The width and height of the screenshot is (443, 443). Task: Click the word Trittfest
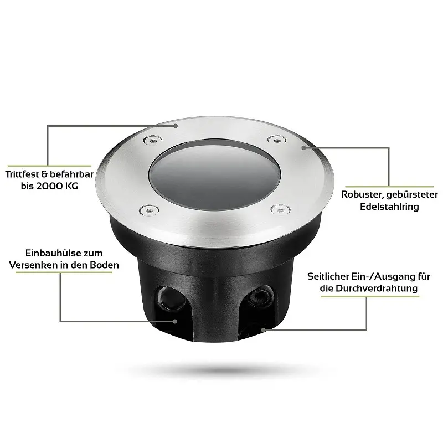point(22,174)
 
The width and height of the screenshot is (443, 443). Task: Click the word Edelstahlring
point(389,207)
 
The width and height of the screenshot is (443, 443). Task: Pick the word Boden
point(104,265)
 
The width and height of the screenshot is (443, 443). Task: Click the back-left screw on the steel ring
point(153,140)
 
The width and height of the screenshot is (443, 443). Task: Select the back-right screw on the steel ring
point(276,140)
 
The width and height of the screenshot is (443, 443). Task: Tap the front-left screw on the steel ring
point(149,210)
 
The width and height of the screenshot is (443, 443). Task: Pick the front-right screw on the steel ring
point(280,210)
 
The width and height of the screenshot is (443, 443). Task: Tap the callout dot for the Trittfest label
point(176,126)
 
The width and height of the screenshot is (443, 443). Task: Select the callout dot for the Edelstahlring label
point(303,147)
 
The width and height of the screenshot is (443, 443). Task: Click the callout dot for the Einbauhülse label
point(175,321)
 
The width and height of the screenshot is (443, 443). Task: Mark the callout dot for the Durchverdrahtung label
point(264,329)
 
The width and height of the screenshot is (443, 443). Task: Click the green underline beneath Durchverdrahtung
point(370,296)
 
